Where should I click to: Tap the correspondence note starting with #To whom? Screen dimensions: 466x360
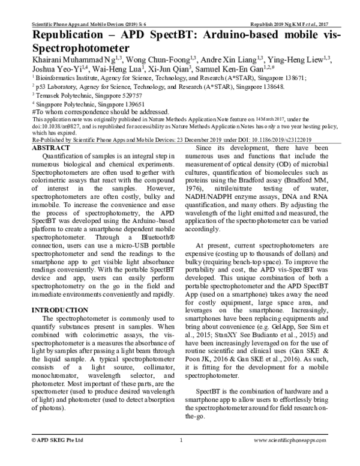tap(100, 111)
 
